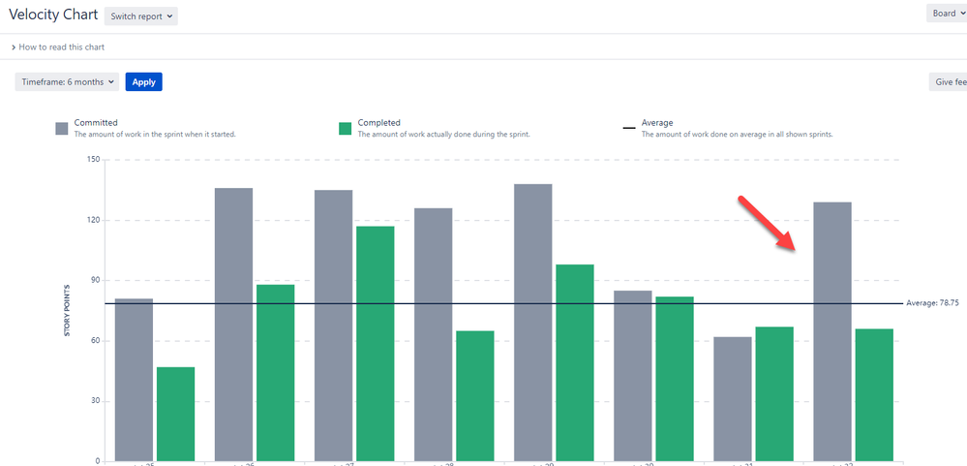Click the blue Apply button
point(143,82)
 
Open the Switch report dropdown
point(141,16)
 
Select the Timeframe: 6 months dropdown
point(67,82)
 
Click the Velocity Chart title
point(53,16)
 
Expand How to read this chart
point(58,47)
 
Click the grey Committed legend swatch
point(62,128)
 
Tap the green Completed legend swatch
point(345,128)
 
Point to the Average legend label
point(656,123)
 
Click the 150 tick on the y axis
point(94,159)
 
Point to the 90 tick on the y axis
point(96,280)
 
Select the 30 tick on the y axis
point(96,401)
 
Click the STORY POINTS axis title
point(68,311)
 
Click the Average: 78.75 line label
point(932,303)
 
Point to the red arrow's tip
point(795,248)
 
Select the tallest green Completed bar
point(375,343)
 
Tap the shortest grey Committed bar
point(732,398)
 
